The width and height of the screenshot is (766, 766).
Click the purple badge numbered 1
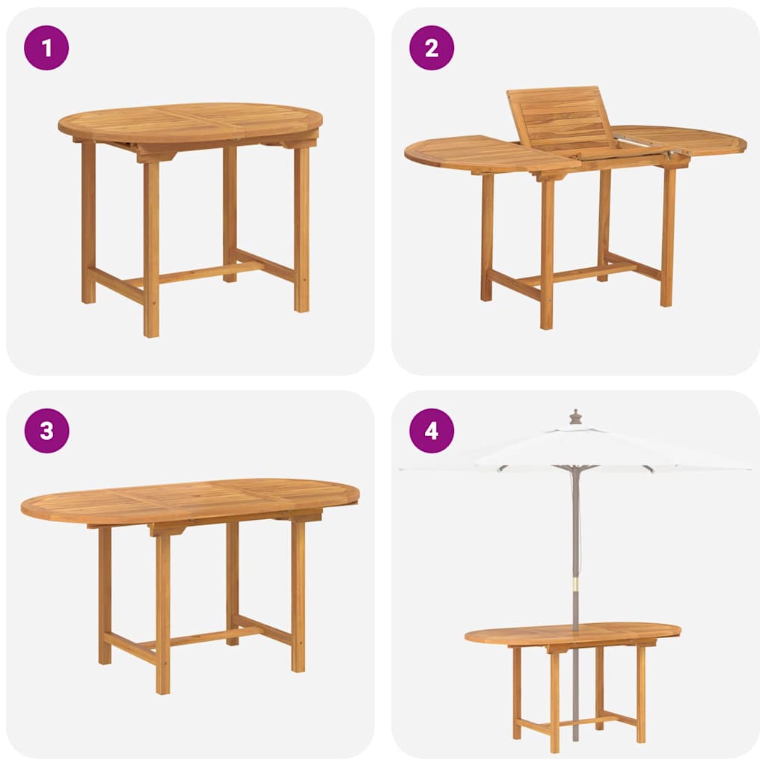click(x=46, y=48)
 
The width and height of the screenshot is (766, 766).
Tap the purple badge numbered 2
click(x=432, y=48)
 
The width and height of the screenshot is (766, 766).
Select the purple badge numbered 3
click(x=46, y=431)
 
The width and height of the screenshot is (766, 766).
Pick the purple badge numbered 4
click(x=432, y=431)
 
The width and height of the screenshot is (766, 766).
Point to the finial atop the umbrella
click(x=575, y=417)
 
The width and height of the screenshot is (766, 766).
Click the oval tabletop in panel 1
click(x=191, y=121)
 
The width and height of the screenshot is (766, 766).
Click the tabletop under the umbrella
click(x=572, y=633)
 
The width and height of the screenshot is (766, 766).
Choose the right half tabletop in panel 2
click(x=688, y=140)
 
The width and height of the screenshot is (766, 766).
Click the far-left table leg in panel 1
click(x=88, y=224)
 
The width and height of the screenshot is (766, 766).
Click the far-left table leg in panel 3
click(x=105, y=598)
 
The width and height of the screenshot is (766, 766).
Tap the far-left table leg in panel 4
click(x=517, y=692)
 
